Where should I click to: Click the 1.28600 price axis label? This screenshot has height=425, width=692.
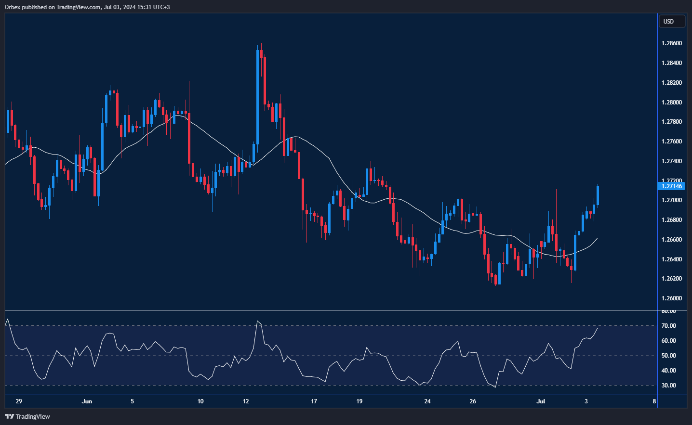click(671, 43)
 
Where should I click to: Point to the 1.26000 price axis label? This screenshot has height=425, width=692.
click(671, 298)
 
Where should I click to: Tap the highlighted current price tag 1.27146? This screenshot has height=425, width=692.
click(671, 186)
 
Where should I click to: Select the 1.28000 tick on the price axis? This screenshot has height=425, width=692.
click(671, 103)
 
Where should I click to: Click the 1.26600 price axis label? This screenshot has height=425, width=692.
click(671, 240)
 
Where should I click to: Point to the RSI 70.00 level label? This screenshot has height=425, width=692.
click(668, 326)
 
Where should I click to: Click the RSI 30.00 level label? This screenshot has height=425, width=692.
click(668, 386)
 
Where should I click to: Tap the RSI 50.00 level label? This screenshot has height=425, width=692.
click(668, 356)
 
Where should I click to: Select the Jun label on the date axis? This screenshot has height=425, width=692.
click(87, 401)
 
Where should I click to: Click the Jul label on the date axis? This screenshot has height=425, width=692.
click(541, 401)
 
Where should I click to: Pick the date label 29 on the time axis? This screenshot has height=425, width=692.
click(19, 401)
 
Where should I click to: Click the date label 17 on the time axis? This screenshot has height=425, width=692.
click(314, 401)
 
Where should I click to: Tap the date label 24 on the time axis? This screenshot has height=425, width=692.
click(427, 401)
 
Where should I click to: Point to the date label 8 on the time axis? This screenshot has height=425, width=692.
click(654, 401)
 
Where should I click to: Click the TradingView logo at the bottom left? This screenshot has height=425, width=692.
click(27, 416)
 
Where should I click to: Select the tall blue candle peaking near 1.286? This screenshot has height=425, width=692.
click(258, 96)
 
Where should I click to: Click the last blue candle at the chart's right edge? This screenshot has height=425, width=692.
click(598, 195)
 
